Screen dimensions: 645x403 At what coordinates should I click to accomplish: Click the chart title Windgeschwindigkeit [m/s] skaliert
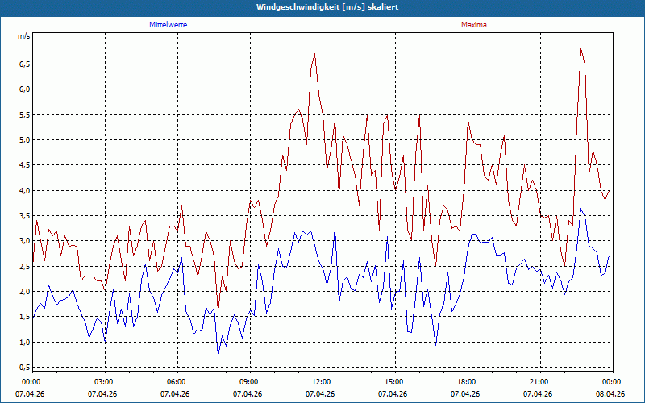(x=327, y=7)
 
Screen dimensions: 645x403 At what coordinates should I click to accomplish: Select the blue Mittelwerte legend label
(x=169, y=25)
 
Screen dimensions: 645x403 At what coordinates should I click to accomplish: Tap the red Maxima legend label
(x=474, y=25)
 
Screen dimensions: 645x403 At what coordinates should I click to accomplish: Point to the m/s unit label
(x=24, y=36)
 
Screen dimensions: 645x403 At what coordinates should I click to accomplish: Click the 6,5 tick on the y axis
(x=24, y=64)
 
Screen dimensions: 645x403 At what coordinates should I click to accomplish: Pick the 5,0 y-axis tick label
(x=24, y=139)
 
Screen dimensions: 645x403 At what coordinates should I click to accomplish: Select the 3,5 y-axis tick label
(x=24, y=215)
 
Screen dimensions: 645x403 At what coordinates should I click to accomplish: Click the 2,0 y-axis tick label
(x=24, y=292)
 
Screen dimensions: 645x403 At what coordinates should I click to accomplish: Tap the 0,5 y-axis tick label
(x=24, y=368)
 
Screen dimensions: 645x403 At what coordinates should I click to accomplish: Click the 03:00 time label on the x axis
(x=106, y=382)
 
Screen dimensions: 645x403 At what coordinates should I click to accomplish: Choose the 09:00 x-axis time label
(x=251, y=382)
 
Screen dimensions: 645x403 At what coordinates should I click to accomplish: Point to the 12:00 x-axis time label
(x=323, y=382)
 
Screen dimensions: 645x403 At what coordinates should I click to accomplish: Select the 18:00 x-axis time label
(x=468, y=382)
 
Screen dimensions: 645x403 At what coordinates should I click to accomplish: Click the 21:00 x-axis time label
(x=540, y=382)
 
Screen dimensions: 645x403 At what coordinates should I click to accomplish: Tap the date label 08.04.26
(x=610, y=394)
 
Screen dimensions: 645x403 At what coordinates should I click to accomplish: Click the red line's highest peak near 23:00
(x=580, y=48)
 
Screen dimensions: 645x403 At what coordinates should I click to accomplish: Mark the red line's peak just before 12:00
(x=314, y=53)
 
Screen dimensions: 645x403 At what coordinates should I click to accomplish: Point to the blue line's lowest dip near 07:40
(x=218, y=355)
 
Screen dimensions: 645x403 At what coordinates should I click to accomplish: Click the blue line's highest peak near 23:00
(x=580, y=209)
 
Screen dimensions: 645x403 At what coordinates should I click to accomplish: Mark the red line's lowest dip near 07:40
(x=218, y=311)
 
